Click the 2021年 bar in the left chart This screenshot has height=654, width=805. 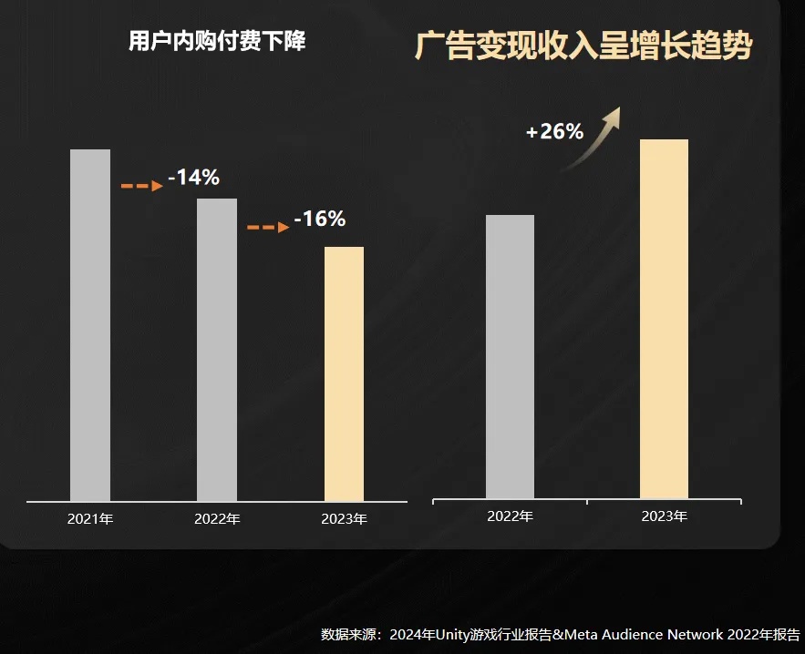(x=90, y=325)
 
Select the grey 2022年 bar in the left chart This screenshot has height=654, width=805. (x=217, y=350)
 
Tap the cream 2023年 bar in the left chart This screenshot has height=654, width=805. (x=344, y=373)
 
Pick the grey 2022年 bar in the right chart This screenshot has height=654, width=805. (x=510, y=357)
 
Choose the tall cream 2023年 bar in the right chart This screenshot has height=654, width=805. (x=664, y=319)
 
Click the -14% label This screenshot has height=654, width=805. (x=193, y=178)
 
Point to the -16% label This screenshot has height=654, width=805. (x=319, y=220)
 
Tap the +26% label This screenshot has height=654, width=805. (x=554, y=132)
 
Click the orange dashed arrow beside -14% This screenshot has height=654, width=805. (x=141, y=186)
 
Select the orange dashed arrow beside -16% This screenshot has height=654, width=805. (x=268, y=228)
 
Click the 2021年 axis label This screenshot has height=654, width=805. (x=89, y=519)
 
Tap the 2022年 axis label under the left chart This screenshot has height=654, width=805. (x=217, y=519)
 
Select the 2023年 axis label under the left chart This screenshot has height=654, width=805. (x=344, y=519)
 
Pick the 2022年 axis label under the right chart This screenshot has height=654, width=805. (x=510, y=516)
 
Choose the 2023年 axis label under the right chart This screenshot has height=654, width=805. (x=664, y=516)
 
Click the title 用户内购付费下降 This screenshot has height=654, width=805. (x=217, y=42)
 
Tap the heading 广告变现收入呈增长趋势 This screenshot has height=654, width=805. (x=583, y=46)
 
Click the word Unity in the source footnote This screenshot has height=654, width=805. (x=456, y=634)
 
